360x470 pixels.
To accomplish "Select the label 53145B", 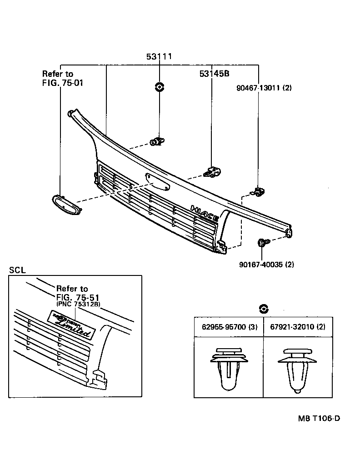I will (x=214, y=74).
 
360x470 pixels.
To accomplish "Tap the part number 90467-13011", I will (x=264, y=88).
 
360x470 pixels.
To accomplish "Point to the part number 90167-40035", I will (x=266, y=264).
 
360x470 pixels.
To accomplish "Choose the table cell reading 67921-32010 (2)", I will (x=298, y=327).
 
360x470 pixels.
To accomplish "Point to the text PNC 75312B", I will (x=78, y=304).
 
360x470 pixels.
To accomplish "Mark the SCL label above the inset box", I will (x=17, y=270).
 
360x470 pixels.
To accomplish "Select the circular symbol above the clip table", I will (x=263, y=309).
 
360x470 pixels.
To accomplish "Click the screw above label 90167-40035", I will (x=262, y=243).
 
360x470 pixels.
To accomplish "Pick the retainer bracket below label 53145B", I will (x=212, y=172).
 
